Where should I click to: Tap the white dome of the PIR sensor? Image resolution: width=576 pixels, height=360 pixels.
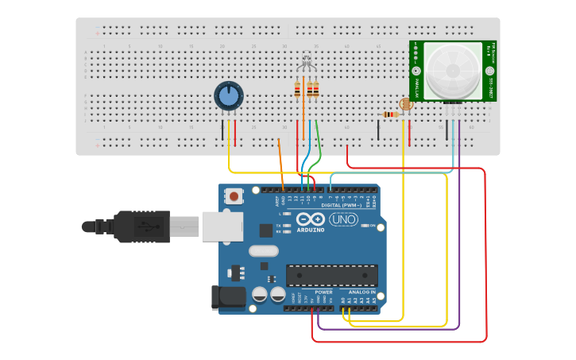coord(451,70)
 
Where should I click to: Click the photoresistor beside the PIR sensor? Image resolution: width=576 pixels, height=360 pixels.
coord(406,103)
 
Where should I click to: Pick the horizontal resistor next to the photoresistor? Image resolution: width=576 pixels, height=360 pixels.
coord(390,114)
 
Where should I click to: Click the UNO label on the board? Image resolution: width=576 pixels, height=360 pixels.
coord(343,219)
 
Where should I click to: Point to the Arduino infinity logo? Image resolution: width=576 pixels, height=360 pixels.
coord(311,219)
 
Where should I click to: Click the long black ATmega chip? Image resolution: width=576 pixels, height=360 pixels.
coord(332,275)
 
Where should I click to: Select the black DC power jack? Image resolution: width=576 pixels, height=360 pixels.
coord(228,296)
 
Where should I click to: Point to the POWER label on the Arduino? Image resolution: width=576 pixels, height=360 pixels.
coord(323,292)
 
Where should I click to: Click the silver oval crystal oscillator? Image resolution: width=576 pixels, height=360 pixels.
coord(265,251)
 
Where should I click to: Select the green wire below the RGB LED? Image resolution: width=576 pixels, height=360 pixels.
coord(319,143)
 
